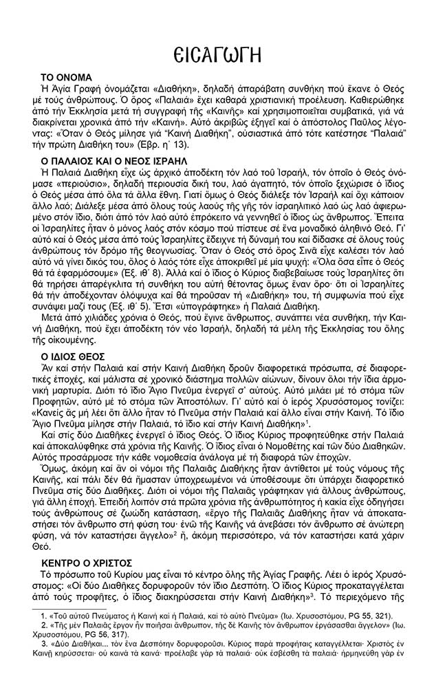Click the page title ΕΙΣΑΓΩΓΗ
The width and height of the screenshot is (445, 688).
pyautogui.click(x=222, y=51)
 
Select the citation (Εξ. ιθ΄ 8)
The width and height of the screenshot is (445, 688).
pyautogui.click(x=158, y=272)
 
